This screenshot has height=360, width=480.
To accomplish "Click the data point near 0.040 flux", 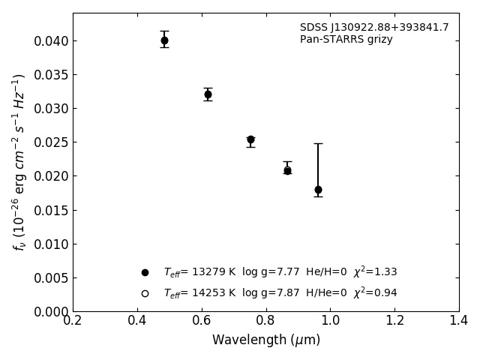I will click(164, 40).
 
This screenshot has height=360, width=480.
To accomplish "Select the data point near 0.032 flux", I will click(208, 94).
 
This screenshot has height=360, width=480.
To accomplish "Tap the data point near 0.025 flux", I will click(250, 139).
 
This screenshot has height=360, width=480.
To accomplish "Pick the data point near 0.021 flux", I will click(287, 170).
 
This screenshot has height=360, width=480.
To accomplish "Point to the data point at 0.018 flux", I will click(318, 190).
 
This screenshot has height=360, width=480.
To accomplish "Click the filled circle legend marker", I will click(145, 272).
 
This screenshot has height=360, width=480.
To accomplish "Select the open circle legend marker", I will click(145, 293).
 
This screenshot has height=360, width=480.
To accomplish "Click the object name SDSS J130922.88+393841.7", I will click(374, 28).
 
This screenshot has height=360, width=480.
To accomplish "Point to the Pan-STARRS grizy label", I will click(346, 40).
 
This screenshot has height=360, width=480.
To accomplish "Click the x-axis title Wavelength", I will click(265, 340).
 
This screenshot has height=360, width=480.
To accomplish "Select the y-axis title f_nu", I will click(19, 161).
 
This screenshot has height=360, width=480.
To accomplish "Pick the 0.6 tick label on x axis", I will click(202, 321).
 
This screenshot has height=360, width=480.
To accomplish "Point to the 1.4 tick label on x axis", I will click(458, 321).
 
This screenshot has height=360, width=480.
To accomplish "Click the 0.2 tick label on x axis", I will click(73, 321).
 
